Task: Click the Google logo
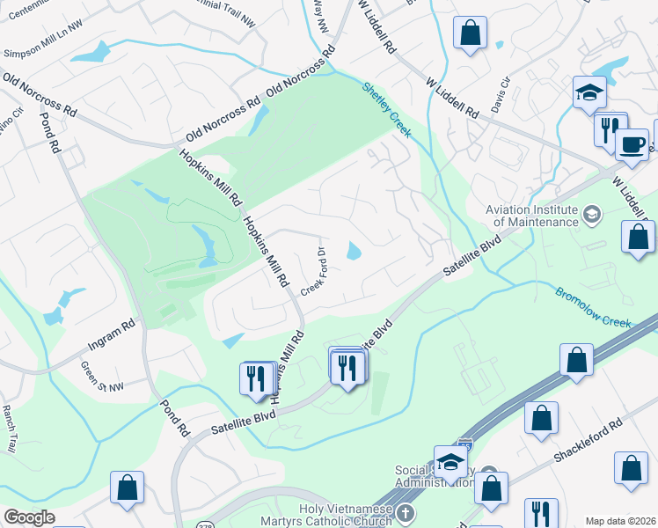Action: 29,517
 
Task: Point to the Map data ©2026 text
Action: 621,521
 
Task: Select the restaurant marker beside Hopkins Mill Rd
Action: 255,378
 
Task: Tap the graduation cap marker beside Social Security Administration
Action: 450,462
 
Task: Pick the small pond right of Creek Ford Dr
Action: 354,253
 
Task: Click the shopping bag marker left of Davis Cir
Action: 471,34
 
